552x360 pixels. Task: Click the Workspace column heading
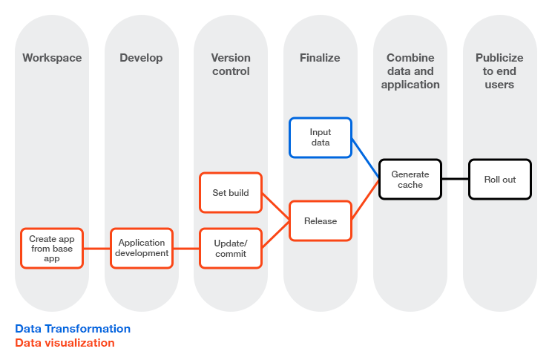tap(52, 58)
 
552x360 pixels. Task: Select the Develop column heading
tap(141, 58)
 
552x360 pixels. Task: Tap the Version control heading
tap(230, 65)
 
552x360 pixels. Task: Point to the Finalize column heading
tap(320, 58)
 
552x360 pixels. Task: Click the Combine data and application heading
tap(410, 71)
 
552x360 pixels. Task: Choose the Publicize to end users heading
tap(499, 71)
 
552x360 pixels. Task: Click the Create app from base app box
tap(52, 249)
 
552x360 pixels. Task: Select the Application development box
tap(142, 249)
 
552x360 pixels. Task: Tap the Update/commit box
tap(230, 249)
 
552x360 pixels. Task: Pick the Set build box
tap(230, 193)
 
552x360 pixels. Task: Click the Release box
tap(320, 220)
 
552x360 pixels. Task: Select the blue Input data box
tap(320, 137)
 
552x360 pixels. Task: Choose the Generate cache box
tap(410, 180)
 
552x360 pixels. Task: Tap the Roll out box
tap(499, 180)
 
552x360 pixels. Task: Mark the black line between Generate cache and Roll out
tap(455, 180)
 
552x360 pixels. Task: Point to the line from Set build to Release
tap(275, 206)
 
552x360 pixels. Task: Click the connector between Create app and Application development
tap(97, 249)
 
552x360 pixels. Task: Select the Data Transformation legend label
tap(73, 329)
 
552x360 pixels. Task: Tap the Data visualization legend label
tap(65, 343)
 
